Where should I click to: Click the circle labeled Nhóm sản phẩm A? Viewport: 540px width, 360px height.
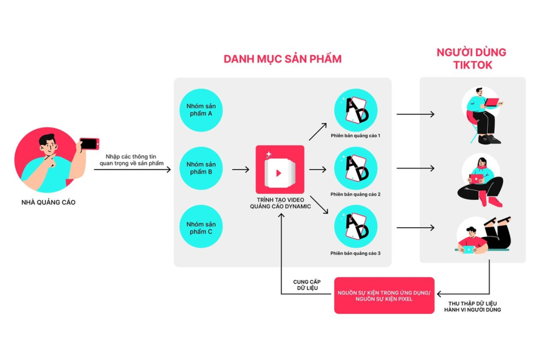click(201, 110)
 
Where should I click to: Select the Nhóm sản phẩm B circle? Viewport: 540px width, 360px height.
click(201, 168)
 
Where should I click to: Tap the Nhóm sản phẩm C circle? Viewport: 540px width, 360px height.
click(201, 227)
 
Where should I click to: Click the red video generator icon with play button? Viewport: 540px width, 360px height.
click(279, 169)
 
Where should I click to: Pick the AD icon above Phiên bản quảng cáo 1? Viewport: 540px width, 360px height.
click(355, 110)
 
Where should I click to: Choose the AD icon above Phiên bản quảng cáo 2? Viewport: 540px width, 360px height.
click(355, 169)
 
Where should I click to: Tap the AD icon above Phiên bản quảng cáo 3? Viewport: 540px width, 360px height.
click(355, 227)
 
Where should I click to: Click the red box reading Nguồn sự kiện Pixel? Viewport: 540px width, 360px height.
click(384, 295)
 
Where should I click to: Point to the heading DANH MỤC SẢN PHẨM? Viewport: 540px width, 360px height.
click(282, 59)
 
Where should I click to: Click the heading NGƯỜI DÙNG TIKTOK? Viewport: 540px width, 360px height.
click(471, 59)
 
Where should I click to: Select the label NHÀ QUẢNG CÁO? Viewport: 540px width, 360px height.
click(49, 202)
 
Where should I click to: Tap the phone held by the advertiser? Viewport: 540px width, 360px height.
click(89, 143)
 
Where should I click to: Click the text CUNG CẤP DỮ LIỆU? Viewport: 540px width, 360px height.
click(307, 285)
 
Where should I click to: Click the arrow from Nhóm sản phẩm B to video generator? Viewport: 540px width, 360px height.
click(240, 169)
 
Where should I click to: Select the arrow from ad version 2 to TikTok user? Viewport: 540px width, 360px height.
click(415, 169)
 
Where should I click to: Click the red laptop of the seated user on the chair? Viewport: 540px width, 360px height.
click(492, 102)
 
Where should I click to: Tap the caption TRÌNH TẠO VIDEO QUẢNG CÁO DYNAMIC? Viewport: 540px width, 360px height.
click(280, 203)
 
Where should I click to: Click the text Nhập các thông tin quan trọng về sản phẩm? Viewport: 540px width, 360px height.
click(132, 160)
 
